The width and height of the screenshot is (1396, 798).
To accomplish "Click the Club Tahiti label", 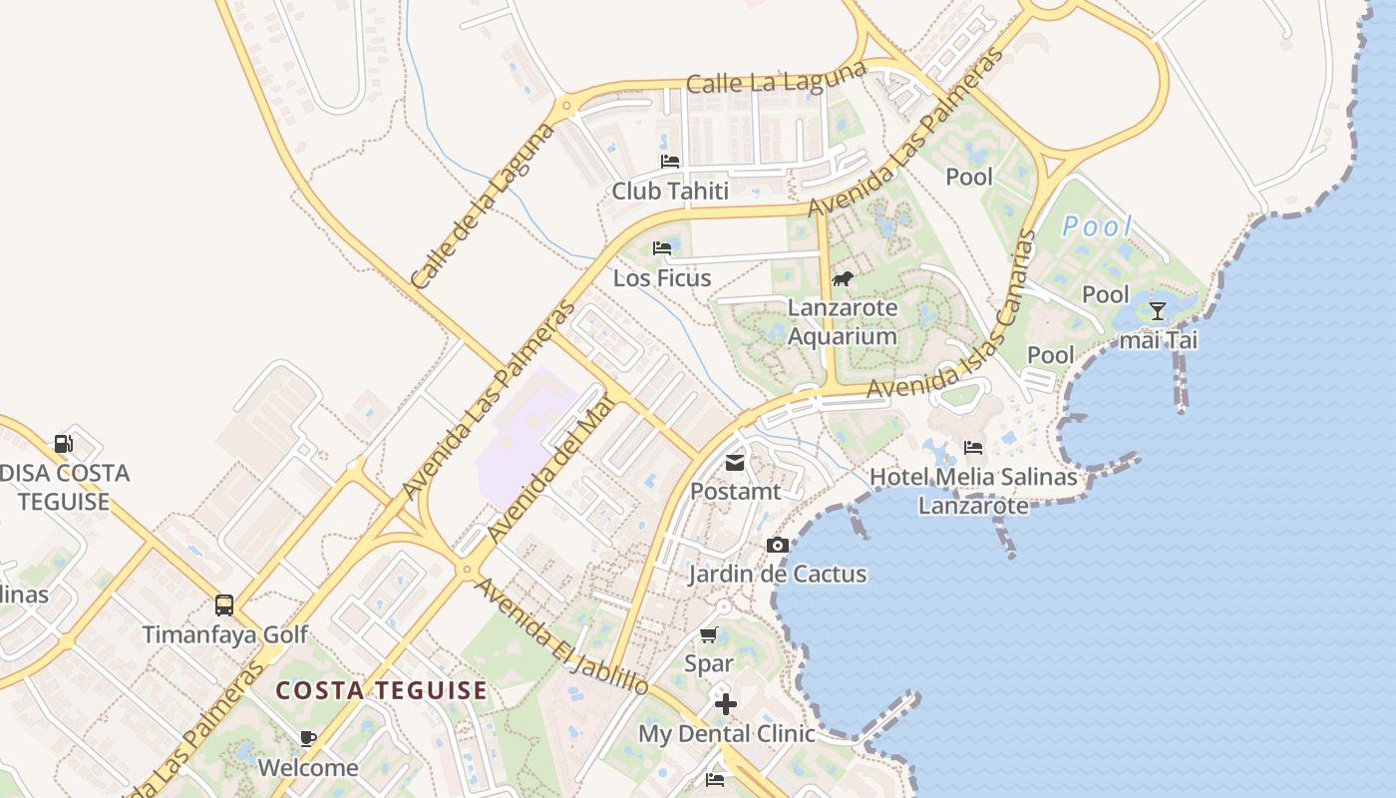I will pos(670,191).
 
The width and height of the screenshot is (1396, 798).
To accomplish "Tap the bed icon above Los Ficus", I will pos(662,247).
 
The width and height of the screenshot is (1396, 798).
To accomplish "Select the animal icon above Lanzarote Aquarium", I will pos(843,278).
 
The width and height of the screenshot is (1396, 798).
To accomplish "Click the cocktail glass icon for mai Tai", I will pos(1157,311).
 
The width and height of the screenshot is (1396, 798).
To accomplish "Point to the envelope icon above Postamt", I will pos(735,462).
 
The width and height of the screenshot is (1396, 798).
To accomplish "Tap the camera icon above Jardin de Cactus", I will pos(778,545).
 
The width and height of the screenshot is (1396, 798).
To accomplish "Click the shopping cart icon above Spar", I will pos(709,634).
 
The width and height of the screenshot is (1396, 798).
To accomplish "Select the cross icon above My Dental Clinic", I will pos(725,704).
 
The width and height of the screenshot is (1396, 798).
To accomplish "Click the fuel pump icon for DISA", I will pos(64,444).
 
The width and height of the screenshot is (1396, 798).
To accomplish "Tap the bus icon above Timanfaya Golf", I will pos(224,605).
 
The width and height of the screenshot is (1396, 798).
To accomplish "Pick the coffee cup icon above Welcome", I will pos(308,739).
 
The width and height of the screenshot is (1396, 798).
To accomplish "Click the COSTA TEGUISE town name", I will pos(382,690).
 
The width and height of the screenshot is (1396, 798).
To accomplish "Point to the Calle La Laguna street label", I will pos(777,80).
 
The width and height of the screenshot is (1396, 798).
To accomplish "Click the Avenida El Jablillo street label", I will pos(560,635).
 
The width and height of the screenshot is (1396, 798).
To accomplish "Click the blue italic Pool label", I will pos(1098,226).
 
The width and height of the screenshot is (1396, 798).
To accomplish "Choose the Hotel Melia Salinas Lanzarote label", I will pos(973,491).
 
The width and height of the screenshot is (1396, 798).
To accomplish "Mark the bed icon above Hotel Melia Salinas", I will pos(973,448).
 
